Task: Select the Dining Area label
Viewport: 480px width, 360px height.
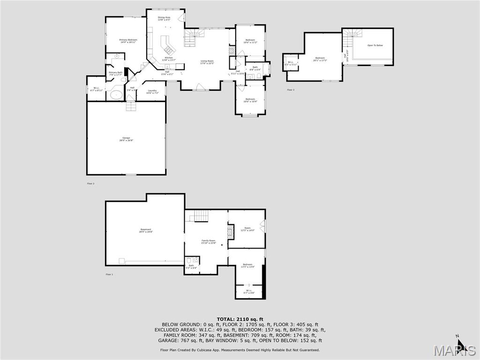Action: (164, 18)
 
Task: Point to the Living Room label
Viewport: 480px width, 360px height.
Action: (207, 62)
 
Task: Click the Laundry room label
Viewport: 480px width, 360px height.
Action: (152, 91)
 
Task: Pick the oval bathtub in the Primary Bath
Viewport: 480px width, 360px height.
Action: (115, 96)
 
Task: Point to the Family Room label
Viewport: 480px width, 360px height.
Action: (208, 241)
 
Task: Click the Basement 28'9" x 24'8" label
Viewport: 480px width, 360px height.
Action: (145, 231)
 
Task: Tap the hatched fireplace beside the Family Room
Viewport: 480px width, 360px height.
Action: (230, 232)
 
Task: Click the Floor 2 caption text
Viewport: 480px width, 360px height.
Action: (90, 183)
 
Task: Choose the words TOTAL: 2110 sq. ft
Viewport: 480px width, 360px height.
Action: (240, 319)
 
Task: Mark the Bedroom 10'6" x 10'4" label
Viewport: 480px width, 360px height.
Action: (250, 100)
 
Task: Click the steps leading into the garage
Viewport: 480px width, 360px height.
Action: (131, 106)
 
